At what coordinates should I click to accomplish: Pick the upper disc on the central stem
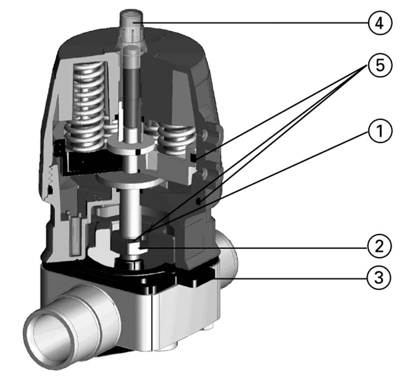point(133,146)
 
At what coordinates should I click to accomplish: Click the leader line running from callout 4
point(254,23)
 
